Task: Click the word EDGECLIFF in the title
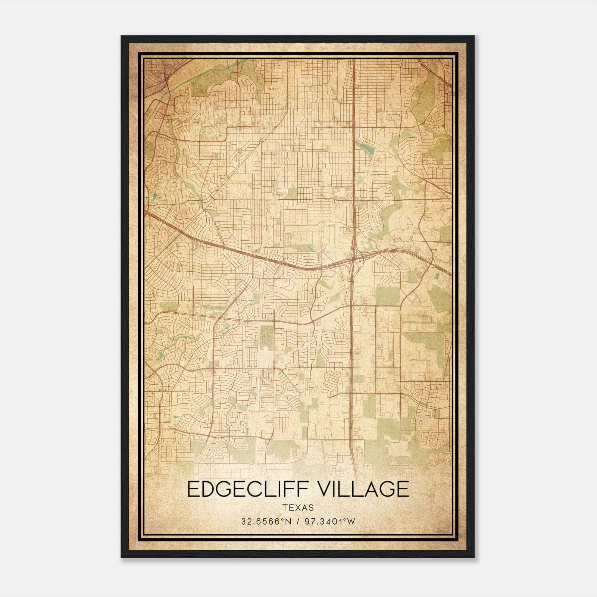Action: coord(250,489)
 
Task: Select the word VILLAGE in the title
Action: coord(365,489)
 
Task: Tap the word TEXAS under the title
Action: coord(298,507)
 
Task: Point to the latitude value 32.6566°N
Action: coord(265,522)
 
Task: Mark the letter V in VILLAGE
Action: coord(327,489)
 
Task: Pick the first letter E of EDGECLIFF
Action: coord(193,489)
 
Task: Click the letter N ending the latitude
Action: coord(288,522)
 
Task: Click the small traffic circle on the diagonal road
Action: coord(240,151)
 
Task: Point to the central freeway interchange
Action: coord(353,257)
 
